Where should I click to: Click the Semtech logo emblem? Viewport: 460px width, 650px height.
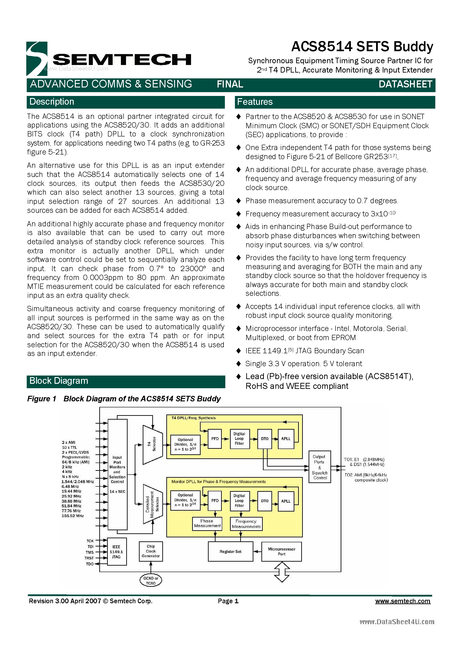37,59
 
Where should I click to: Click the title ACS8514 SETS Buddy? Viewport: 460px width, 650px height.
362,47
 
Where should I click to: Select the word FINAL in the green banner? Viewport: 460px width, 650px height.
230,84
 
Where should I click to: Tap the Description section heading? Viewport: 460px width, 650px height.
52,102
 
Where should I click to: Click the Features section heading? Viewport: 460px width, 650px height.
255,102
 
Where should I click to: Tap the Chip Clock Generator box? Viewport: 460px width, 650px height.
151,551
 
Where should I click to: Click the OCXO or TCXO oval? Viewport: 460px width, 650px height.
151,581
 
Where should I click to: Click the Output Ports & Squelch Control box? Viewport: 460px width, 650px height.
320,467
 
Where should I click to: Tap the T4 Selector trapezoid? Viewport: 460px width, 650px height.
152,445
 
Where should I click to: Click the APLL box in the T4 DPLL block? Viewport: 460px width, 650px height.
286,439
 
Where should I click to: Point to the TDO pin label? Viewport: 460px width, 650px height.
90,564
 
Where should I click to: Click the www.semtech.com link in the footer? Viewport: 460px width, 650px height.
403,601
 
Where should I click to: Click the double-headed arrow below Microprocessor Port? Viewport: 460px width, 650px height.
282,572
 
